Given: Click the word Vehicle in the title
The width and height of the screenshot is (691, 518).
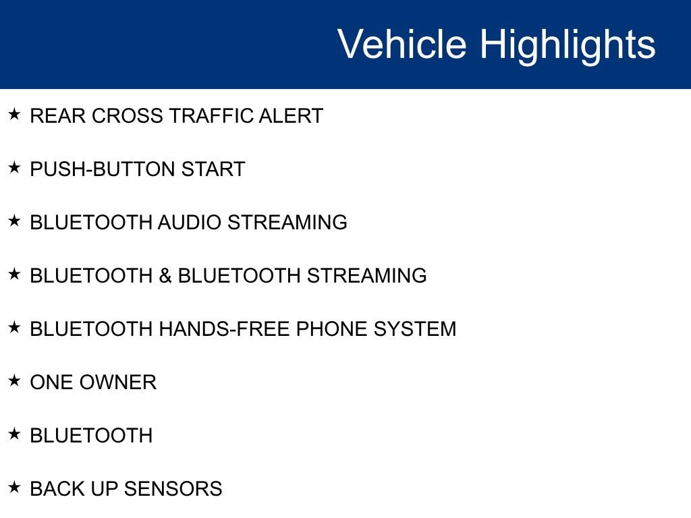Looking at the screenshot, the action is point(402,44).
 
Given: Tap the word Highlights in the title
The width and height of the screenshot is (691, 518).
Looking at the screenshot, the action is point(568,46).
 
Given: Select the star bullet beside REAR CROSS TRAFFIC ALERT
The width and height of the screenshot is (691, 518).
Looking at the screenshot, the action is point(14,114).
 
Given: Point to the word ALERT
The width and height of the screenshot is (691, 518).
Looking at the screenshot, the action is point(291,116).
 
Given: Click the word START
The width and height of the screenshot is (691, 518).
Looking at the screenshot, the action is point(213,169).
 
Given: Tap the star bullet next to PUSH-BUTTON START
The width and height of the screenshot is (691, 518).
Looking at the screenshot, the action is point(14,167).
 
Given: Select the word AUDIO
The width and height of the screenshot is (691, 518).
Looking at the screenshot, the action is point(190,223).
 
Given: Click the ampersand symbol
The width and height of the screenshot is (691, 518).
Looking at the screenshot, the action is point(165,276).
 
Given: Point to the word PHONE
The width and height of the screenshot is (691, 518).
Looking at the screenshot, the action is point(332,329).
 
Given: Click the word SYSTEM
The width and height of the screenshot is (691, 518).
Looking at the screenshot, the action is point(415,329).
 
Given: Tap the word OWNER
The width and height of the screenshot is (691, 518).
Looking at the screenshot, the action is point(118,382).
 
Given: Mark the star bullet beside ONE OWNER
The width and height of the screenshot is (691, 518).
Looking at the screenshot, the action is point(14,380).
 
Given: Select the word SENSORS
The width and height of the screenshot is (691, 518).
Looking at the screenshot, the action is point(173,489).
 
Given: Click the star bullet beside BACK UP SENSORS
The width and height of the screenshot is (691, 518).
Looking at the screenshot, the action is point(14,487).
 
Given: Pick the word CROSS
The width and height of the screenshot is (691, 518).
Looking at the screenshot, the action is point(128,116).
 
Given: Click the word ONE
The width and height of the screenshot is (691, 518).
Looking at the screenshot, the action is point(52,382).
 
